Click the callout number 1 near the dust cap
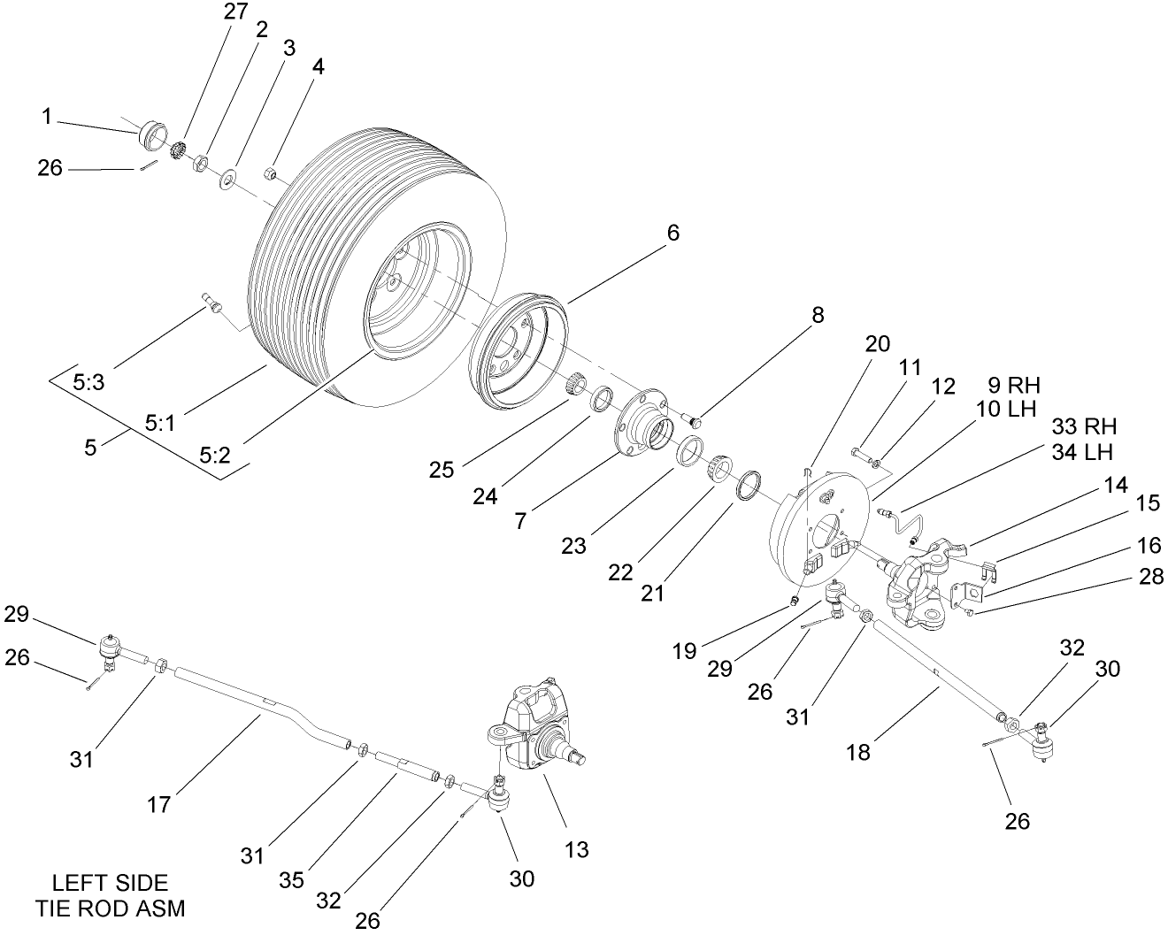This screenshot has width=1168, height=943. click(x=47, y=116)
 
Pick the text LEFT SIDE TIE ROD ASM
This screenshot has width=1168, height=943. click(x=111, y=894)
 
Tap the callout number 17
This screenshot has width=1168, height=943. click(x=160, y=805)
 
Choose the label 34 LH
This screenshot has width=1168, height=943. click(x=1084, y=452)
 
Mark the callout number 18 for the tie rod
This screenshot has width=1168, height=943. click(x=858, y=752)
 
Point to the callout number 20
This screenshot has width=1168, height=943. click(x=878, y=343)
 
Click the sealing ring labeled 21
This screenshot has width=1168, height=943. click(x=749, y=487)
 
